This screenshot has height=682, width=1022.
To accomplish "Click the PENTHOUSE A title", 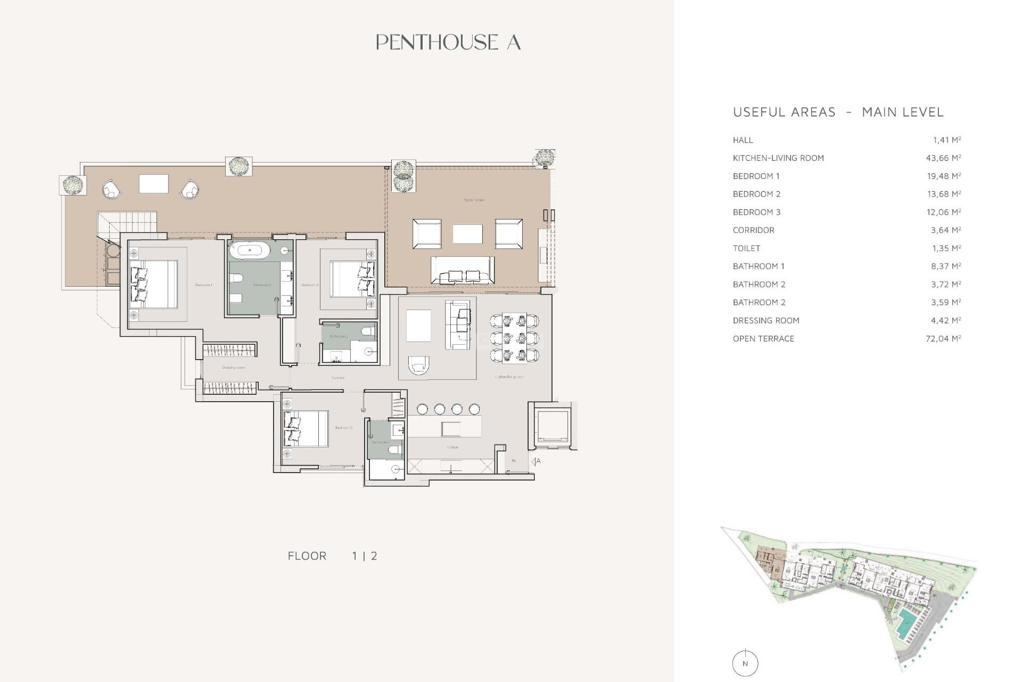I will click(x=448, y=42).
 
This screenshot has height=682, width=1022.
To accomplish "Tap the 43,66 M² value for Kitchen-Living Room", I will click(x=943, y=158).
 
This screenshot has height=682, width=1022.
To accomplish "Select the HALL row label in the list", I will click(x=743, y=140).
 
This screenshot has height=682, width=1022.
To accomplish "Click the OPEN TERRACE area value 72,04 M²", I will click(x=943, y=338).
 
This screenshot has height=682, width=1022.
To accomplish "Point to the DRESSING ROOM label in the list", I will click(x=765, y=320).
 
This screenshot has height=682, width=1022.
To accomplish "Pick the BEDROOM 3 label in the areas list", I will click(x=756, y=212).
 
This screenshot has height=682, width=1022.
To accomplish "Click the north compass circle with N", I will click(x=745, y=663).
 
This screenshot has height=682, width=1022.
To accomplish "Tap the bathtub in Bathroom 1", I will click(x=250, y=250).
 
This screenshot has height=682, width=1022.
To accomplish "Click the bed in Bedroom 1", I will click(x=154, y=284).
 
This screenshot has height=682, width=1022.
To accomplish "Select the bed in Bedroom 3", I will click(x=306, y=428).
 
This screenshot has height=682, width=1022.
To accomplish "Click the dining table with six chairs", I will click(x=514, y=338).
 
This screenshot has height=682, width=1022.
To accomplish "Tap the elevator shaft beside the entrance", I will click(x=553, y=426).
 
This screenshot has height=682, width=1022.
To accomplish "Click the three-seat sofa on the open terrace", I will click(x=462, y=270).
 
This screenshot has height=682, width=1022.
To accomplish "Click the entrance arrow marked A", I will click(x=535, y=461).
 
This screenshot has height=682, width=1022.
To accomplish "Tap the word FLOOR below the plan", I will click(x=307, y=556).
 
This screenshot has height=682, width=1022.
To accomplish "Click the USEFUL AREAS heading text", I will click(x=784, y=112).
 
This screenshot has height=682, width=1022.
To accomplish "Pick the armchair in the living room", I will click(x=418, y=364).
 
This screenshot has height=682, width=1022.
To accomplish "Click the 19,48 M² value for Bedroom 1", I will click(x=943, y=176).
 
